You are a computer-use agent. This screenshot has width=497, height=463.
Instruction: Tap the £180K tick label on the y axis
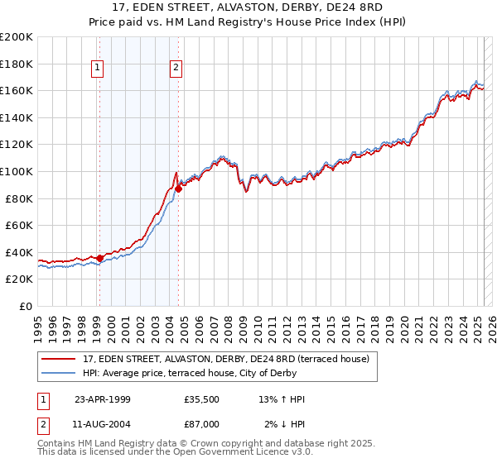click(17, 64)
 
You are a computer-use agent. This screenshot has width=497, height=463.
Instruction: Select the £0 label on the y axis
click(27, 306)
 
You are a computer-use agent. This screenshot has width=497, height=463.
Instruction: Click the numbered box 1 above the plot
click(98, 69)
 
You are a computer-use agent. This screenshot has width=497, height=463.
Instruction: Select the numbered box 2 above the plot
click(176, 69)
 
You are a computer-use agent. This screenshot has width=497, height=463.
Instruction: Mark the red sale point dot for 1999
click(99, 258)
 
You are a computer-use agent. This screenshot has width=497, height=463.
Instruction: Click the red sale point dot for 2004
click(178, 189)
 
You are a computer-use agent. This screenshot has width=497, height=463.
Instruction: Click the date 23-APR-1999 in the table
click(103, 399)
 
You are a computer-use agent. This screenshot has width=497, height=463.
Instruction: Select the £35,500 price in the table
click(201, 399)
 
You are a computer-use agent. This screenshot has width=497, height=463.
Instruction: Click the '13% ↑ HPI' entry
click(282, 399)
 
